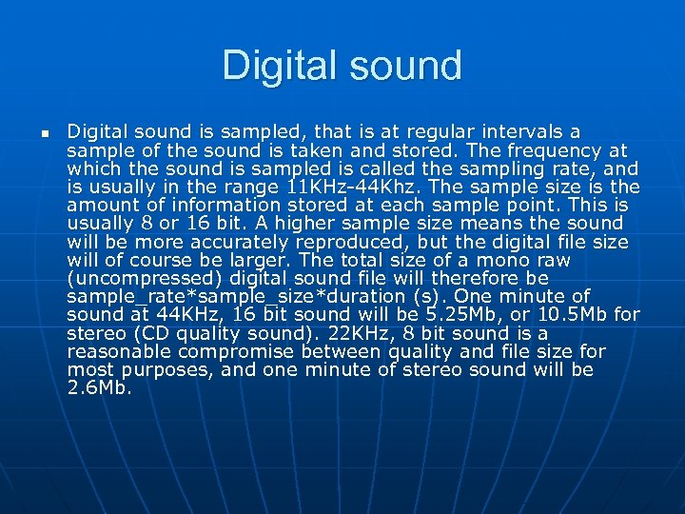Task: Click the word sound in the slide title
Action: click(x=402, y=66)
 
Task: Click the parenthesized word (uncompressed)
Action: click(x=148, y=278)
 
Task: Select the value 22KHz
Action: click(x=349, y=333)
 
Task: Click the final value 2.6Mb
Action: click(x=100, y=387)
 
